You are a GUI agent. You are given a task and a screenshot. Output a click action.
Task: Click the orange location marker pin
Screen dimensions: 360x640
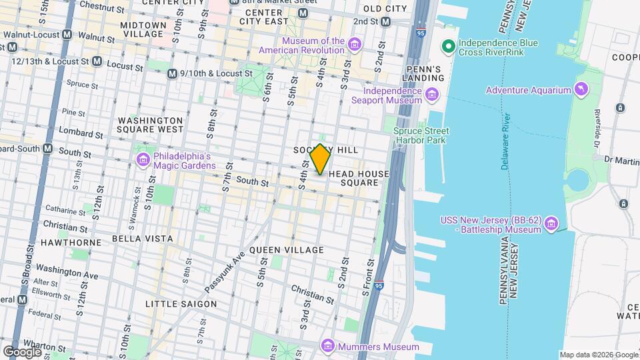coord(320,159)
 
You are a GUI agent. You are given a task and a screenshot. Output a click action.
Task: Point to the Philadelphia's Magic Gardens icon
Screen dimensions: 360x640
coord(143,160)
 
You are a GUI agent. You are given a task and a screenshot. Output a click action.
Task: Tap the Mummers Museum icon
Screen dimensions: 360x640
coord(327,346)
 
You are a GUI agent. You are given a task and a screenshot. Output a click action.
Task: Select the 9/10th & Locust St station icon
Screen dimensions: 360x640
coord(172,73)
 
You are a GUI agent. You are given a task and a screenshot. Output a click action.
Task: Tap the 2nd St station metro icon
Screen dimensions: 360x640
coord(385,21)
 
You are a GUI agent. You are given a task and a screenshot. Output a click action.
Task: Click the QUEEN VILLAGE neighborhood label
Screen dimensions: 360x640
coord(286,250)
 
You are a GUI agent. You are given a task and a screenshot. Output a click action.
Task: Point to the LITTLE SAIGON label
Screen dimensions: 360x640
coord(181,304)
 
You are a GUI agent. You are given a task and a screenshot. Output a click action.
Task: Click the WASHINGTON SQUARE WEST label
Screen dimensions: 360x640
coord(150,125)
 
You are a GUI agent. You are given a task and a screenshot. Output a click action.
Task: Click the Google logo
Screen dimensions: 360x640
coord(23,351)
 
